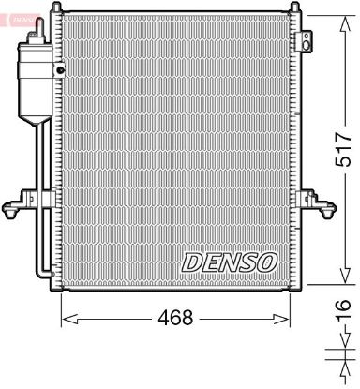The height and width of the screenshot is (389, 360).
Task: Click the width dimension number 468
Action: coord(175,319)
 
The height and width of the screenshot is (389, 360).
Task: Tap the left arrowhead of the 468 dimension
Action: coord(67,320)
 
